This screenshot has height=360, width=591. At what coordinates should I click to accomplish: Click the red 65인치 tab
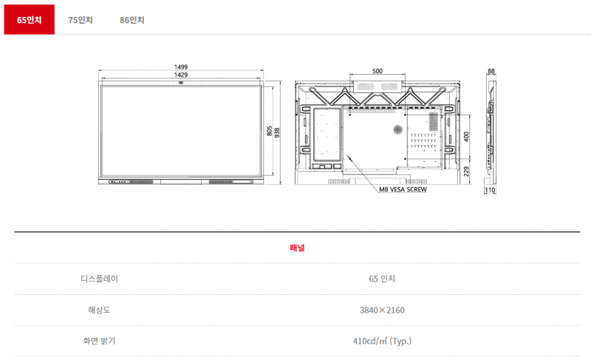pos(29,20)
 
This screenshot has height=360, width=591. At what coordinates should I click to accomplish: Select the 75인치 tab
pos(81,20)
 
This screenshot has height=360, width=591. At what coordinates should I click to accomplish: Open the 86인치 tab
pos(132,20)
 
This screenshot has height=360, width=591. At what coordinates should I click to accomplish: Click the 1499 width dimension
pos(181,67)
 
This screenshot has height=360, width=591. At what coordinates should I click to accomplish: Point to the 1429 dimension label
pos(181,75)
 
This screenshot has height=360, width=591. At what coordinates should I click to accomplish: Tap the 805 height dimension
pos(269,131)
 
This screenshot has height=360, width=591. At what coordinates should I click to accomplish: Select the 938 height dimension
pos(277,133)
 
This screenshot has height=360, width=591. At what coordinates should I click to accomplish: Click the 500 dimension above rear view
pos(378,71)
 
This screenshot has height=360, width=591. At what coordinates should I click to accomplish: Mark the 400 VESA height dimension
pos(466,137)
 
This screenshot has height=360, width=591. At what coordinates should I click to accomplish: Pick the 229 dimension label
pos(466,171)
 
